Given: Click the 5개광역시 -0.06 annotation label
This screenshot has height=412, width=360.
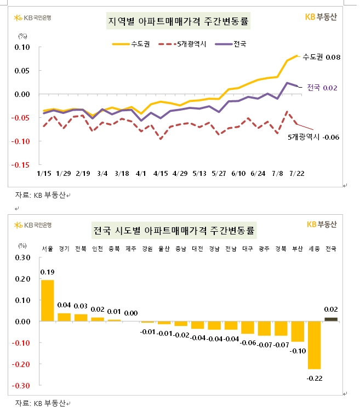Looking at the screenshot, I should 313,136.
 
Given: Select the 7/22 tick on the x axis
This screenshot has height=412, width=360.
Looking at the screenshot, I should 296,173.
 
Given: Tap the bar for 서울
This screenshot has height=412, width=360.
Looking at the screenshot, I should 48,300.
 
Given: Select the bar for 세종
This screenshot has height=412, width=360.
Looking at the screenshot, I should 315,345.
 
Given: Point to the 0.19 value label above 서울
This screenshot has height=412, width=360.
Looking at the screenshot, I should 47,272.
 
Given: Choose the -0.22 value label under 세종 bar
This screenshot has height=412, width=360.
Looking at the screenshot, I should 315,377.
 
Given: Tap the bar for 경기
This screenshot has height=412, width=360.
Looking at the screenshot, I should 64,317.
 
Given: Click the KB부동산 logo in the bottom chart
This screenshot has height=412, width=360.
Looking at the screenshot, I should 322,224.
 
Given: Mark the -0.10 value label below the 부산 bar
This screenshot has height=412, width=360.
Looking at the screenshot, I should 298,350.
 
